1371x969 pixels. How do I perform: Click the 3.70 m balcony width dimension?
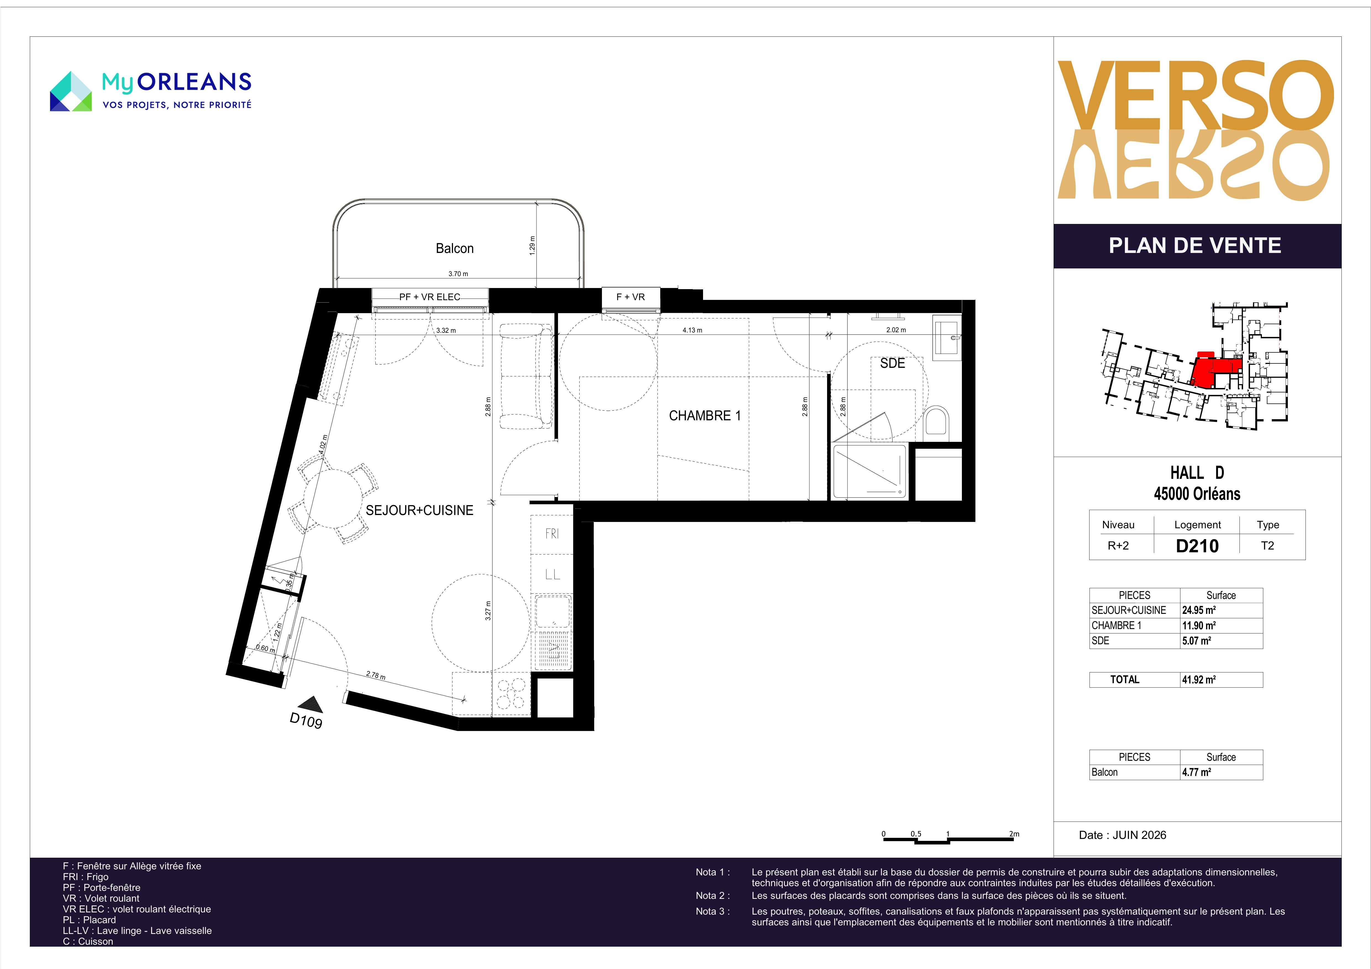click(458, 274)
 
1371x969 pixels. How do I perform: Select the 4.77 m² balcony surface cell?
click(1197, 772)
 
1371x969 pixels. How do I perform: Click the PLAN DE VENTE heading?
click(1195, 245)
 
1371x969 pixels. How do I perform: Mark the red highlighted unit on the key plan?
click(1215, 370)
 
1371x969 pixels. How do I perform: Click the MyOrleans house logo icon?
click(70, 91)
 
